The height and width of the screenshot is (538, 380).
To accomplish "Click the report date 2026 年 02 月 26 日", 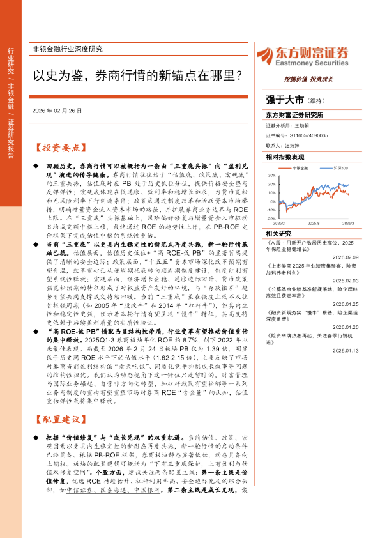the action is pos(57,111).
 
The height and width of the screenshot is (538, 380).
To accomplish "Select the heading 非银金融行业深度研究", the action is pos(67,49).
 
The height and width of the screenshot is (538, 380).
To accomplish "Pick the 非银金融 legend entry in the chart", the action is pos(299,167).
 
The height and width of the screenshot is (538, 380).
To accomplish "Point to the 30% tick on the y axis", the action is pos(271,174).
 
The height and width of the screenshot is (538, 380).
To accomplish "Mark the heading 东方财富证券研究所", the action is pos(294,115).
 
